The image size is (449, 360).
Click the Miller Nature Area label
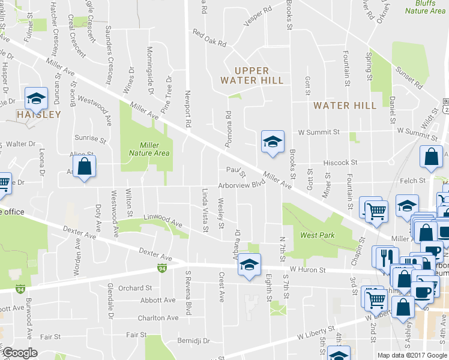[149, 149]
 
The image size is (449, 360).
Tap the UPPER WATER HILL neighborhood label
[252, 76]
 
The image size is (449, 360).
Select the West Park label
[318, 235]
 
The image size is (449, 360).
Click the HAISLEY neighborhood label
[40, 114]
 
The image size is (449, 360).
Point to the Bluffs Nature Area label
[425, 7]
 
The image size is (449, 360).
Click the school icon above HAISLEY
[36, 98]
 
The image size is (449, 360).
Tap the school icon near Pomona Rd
[272, 142]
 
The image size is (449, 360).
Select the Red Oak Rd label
[209, 38]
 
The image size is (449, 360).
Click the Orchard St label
[135, 288]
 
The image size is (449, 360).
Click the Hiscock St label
[340, 162]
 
